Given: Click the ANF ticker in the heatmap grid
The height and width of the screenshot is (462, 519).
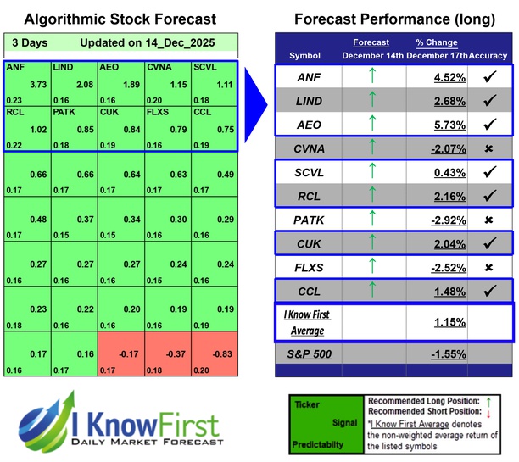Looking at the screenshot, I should point(15,66).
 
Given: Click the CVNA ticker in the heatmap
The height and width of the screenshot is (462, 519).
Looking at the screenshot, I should point(158,66).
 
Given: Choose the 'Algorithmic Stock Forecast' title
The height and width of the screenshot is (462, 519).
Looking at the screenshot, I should point(120,19).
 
